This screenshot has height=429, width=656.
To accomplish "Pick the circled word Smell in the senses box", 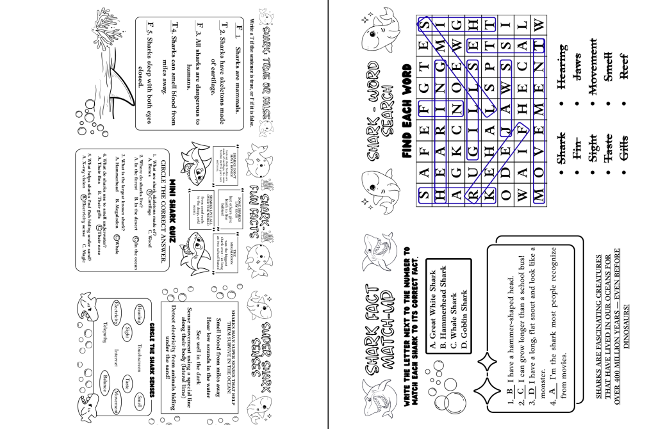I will coord(139,402).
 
